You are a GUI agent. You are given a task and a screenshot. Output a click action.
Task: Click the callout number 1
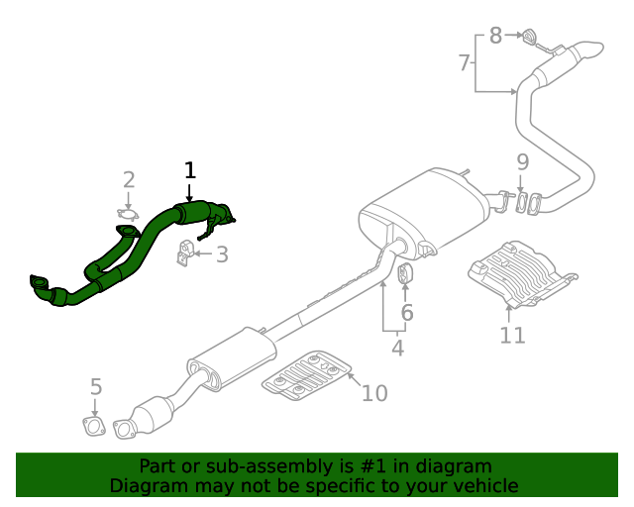tap(190, 170)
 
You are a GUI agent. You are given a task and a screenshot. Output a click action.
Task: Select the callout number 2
tap(129, 179)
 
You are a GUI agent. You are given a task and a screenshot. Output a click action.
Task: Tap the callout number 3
tap(222, 255)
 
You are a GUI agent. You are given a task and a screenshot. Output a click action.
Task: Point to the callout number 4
tap(397, 348)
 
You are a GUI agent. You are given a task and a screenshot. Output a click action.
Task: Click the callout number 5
tap(96, 386)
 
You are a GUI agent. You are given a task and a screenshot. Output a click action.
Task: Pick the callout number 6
tap(406, 314)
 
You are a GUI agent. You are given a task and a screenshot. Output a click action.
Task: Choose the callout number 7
tap(464, 63)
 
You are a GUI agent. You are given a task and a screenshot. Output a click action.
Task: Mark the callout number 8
tap(495, 37)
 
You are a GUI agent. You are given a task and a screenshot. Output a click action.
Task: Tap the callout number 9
tap(522, 161)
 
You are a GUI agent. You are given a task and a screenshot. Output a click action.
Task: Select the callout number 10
tap(373, 393)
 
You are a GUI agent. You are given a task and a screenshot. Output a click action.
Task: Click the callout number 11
tap(512, 335)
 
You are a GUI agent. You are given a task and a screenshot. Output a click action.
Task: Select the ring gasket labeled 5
tap(93, 427)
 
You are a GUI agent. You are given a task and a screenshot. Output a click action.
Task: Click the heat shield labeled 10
tap(307, 377)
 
